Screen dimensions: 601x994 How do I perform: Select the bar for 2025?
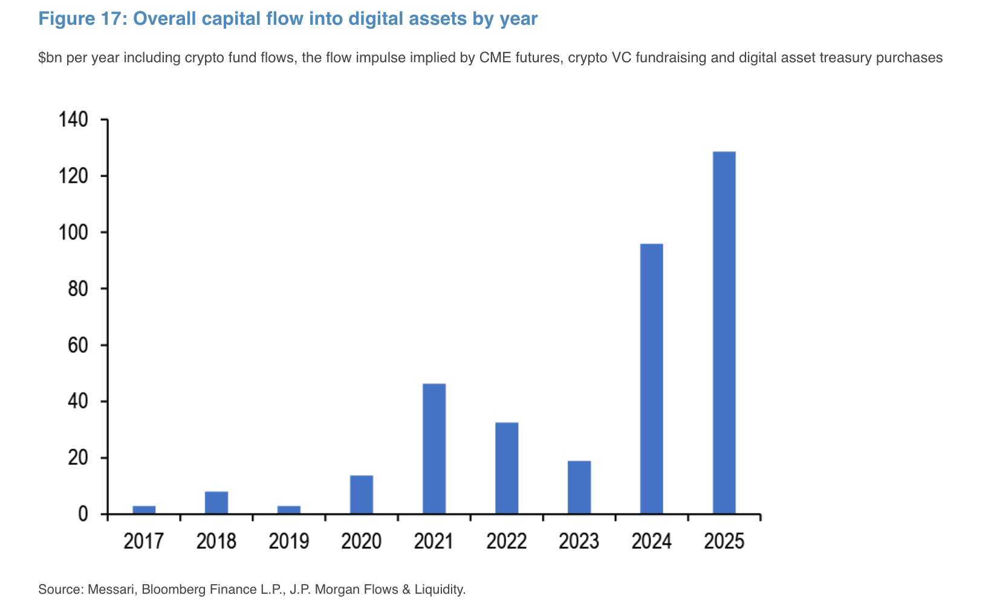click(724, 333)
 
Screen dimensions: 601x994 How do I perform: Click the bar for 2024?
click(651, 378)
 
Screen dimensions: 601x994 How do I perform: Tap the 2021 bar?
click(434, 449)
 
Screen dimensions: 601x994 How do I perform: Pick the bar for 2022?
click(507, 468)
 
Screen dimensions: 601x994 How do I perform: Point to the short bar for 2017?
click(144, 510)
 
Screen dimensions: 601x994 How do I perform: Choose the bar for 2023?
click(579, 487)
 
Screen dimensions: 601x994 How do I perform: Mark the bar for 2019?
click(289, 510)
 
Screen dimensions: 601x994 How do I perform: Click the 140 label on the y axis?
click(73, 120)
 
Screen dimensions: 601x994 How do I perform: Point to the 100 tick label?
click(73, 232)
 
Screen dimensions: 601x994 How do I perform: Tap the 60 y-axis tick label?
click(78, 345)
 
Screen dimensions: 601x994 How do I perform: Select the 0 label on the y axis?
click(83, 514)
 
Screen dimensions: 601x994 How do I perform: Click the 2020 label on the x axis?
click(361, 541)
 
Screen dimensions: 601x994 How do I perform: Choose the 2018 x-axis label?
click(216, 541)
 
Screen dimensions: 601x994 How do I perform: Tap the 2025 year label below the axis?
click(724, 541)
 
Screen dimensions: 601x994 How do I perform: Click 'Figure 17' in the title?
click(80, 19)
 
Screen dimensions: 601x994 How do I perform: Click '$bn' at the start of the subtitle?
click(50, 58)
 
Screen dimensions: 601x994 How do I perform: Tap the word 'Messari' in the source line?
click(111, 589)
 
